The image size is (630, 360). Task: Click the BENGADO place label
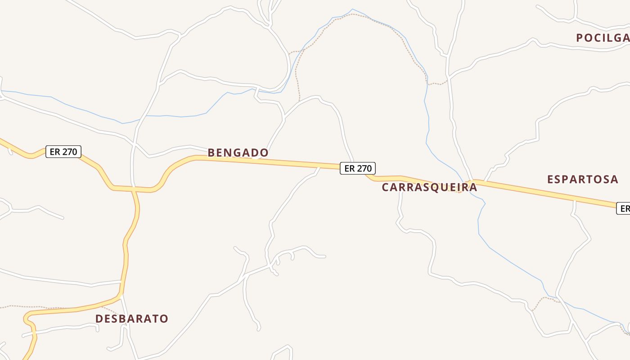(238, 153)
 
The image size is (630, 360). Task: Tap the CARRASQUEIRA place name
(429, 187)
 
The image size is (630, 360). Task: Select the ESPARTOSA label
(582, 179)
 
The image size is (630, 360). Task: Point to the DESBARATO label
(131, 319)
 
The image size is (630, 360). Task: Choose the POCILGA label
(603, 38)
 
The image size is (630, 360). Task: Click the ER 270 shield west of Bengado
(63, 152)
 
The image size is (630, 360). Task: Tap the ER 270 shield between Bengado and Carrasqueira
(357, 168)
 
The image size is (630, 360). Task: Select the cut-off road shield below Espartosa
(624, 208)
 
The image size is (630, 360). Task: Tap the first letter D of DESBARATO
(99, 319)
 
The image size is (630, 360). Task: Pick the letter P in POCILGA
(580, 38)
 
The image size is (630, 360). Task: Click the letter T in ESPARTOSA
(590, 179)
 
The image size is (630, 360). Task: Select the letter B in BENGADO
(211, 153)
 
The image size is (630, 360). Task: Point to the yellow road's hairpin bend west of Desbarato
(26, 316)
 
